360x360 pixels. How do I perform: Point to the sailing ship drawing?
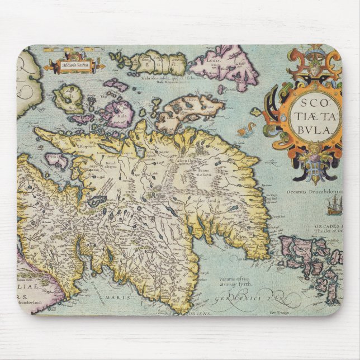[334, 207]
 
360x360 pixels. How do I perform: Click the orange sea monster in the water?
[244, 132]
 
